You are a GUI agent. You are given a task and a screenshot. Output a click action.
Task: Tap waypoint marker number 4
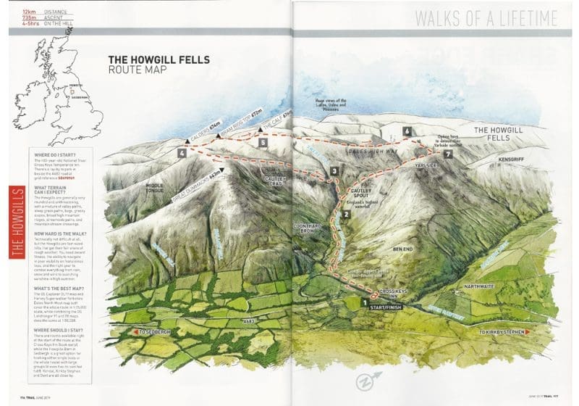point(181,154)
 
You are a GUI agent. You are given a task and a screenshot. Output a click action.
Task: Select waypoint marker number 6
point(408,131)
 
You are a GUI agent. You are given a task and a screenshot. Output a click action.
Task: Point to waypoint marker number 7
point(449,154)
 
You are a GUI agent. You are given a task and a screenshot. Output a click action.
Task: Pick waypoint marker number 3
point(334,171)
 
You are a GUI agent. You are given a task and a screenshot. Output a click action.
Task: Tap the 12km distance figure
point(29,12)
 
